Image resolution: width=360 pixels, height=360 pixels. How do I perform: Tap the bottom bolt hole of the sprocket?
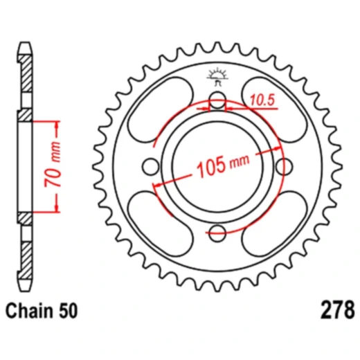(217, 231)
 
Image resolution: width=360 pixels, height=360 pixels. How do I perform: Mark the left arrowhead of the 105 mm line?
(157, 186)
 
